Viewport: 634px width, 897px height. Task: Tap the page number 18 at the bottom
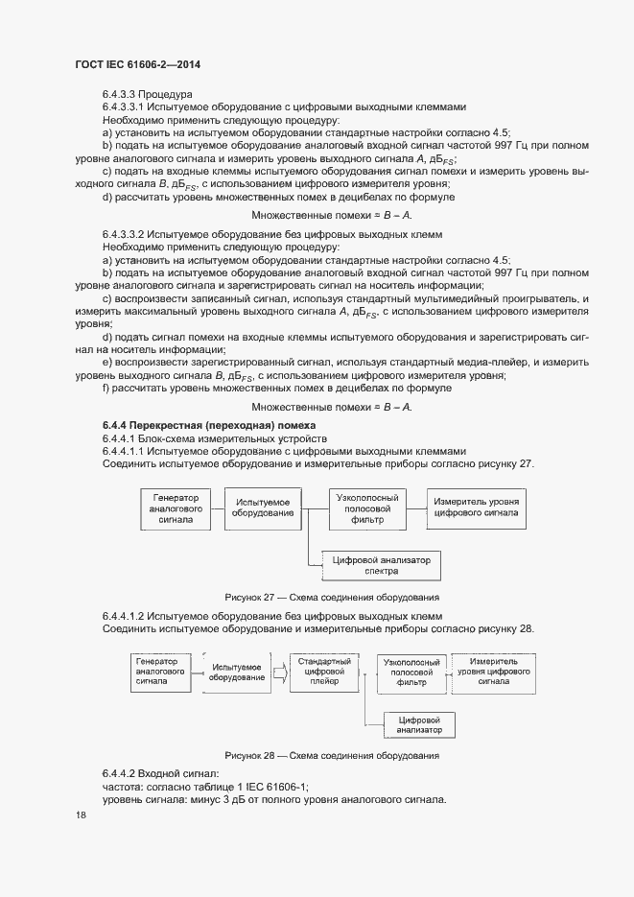(82, 814)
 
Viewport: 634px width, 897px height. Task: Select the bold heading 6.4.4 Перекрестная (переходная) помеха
(209, 425)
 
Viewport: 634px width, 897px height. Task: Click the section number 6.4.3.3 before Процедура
(120, 94)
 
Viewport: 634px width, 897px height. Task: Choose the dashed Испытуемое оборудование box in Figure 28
(237, 673)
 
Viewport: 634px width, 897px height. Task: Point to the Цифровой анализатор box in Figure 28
(418, 724)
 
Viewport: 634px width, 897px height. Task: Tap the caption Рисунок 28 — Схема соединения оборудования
(332, 756)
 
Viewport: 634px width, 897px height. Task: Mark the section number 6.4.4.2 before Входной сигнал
(123, 772)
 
